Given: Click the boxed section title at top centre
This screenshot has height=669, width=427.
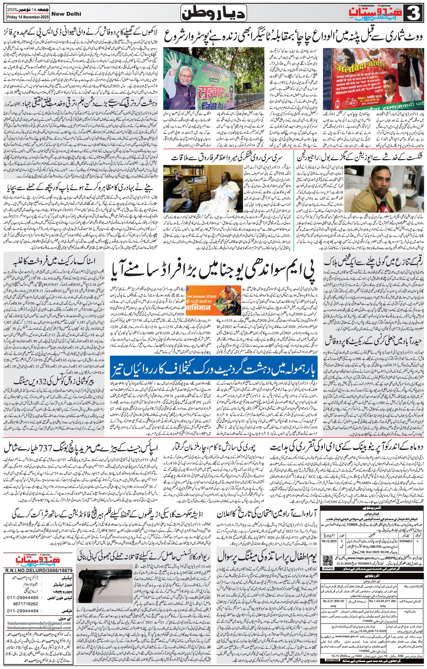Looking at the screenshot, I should (x=213, y=14).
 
